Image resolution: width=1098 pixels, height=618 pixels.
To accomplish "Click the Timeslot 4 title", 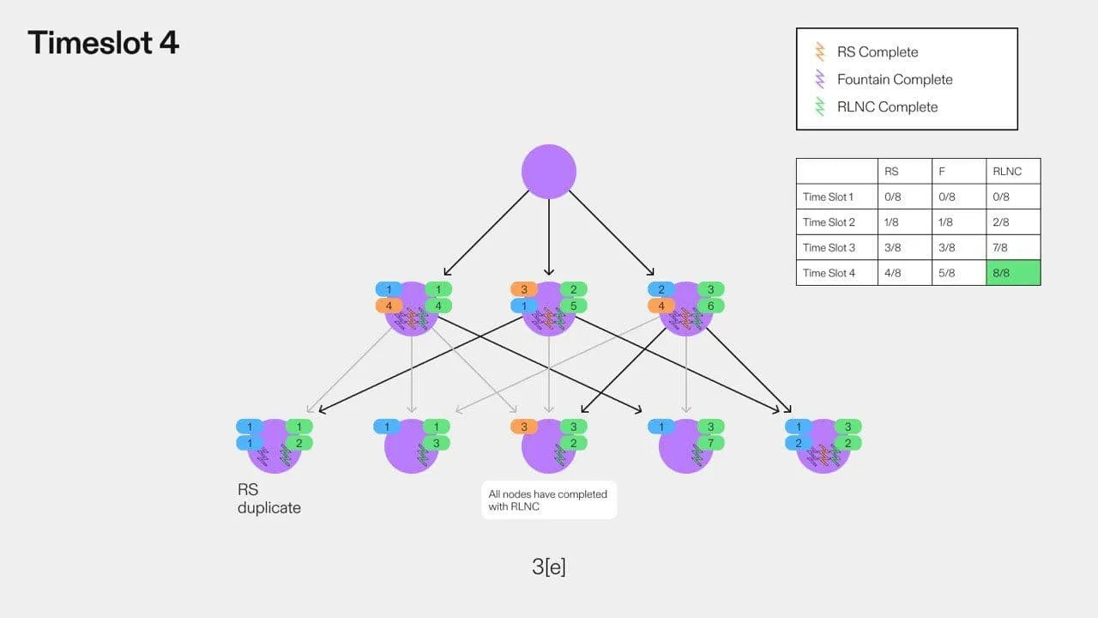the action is (104, 42).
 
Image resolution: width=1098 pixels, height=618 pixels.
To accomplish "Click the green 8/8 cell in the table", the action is (1013, 273).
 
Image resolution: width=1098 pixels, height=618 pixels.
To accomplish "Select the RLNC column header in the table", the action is (1007, 171).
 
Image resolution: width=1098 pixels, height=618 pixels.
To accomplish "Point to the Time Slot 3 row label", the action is (829, 248).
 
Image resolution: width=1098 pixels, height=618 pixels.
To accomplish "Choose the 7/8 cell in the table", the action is (1000, 248).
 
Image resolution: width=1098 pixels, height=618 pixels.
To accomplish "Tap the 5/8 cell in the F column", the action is (946, 273).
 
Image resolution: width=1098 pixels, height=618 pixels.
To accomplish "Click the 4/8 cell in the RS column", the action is (892, 273).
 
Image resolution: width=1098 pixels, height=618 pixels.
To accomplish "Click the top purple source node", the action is (548, 171).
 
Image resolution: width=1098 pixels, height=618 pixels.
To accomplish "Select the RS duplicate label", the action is (269, 499).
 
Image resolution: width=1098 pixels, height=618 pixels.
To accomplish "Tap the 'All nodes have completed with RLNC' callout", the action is (548, 500).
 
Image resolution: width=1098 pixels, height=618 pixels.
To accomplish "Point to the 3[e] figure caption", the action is (549, 566).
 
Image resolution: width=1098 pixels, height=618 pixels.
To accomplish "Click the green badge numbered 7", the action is (709, 444).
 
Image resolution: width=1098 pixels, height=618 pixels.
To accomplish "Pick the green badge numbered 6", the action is (710, 306).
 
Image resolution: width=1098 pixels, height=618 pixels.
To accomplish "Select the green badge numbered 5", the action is (573, 306).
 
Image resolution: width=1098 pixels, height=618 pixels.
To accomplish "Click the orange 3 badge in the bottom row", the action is (524, 427).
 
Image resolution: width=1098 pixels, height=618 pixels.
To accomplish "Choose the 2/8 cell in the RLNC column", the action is (1000, 222).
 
